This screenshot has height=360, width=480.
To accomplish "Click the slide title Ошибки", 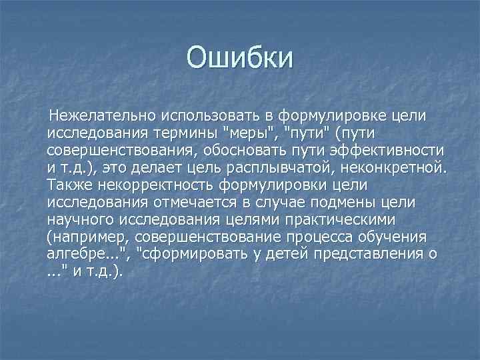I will (x=239, y=58).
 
